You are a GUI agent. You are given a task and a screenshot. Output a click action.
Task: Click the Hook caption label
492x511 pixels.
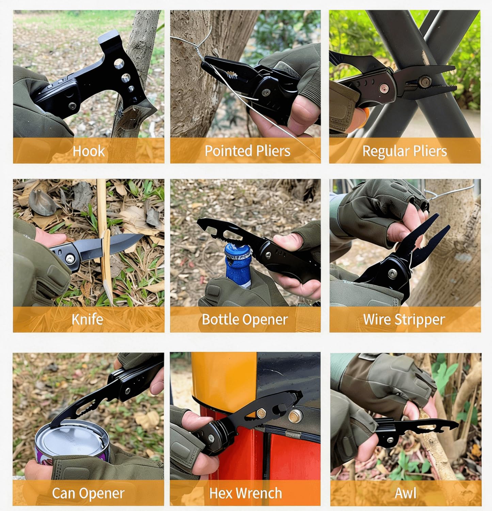click(x=89, y=151)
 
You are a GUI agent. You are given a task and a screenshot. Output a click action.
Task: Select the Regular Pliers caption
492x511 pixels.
click(x=404, y=151)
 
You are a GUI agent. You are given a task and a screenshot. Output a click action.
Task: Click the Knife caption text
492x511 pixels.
click(x=88, y=320)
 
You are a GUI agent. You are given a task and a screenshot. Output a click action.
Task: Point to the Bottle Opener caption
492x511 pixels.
click(x=245, y=320)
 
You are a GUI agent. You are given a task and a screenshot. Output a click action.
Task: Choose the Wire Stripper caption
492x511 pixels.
click(x=404, y=320)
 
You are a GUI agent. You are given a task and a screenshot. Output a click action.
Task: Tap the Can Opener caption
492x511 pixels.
click(x=88, y=493)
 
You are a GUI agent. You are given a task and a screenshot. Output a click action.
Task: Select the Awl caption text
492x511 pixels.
click(x=406, y=493)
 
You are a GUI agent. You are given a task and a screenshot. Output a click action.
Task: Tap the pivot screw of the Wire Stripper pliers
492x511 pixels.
click(x=393, y=273)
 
